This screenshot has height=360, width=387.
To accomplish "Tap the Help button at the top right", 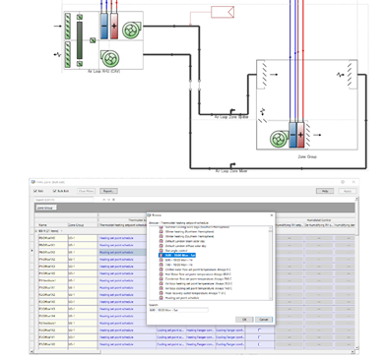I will (351, 191).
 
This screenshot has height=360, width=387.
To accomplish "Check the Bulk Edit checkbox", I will (58, 191).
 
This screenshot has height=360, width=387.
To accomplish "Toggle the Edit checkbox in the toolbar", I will (40, 191).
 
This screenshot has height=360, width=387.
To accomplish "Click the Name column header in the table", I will (43, 225).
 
